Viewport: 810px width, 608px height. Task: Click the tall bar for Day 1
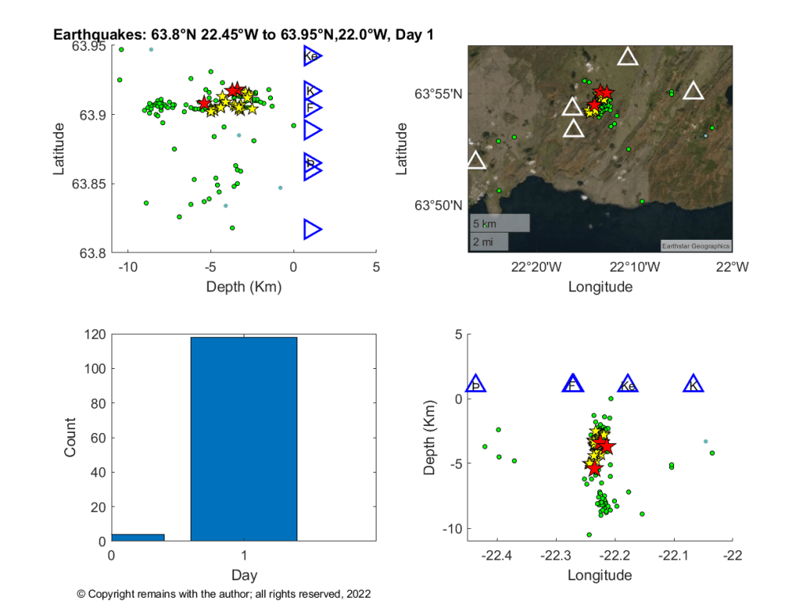tap(244, 439)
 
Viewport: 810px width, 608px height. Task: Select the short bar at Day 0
tap(138, 538)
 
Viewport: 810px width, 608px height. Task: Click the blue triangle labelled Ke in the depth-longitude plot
tap(627, 385)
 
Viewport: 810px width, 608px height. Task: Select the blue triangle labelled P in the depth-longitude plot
tap(476, 385)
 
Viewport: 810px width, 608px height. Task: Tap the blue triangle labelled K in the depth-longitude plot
tap(694, 385)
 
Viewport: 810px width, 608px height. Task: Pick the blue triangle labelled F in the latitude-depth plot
tap(312, 108)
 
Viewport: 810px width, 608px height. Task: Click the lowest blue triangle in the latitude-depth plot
tap(312, 230)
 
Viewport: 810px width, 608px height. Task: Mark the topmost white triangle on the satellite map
tap(628, 56)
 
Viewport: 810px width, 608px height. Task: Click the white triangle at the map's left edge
tap(475, 160)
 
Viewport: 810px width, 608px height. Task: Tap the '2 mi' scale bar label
tap(484, 241)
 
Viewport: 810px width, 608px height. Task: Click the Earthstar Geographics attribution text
tap(696, 245)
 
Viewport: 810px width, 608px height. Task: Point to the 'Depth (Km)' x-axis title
tap(244, 287)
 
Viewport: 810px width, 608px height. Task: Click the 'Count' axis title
tap(70, 438)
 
